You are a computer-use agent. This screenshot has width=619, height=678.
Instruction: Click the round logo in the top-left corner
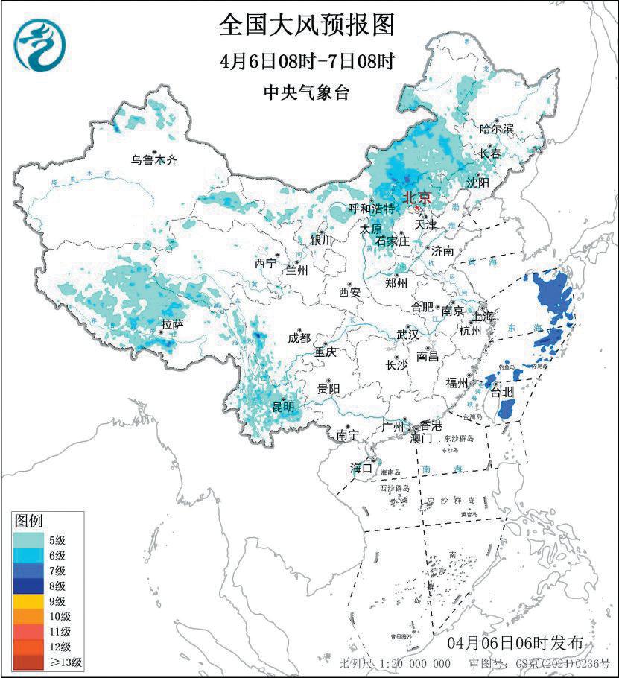click(x=39, y=41)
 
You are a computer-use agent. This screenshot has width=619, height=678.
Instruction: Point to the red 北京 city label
click(x=416, y=197)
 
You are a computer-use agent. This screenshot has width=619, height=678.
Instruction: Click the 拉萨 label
click(x=172, y=324)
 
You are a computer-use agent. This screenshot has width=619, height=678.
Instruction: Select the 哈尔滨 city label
click(x=496, y=129)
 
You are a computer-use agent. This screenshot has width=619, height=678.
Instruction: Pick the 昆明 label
click(x=282, y=406)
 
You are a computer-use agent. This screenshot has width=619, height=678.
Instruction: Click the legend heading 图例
click(x=29, y=519)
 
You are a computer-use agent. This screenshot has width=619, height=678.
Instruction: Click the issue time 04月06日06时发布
click(x=521, y=642)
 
